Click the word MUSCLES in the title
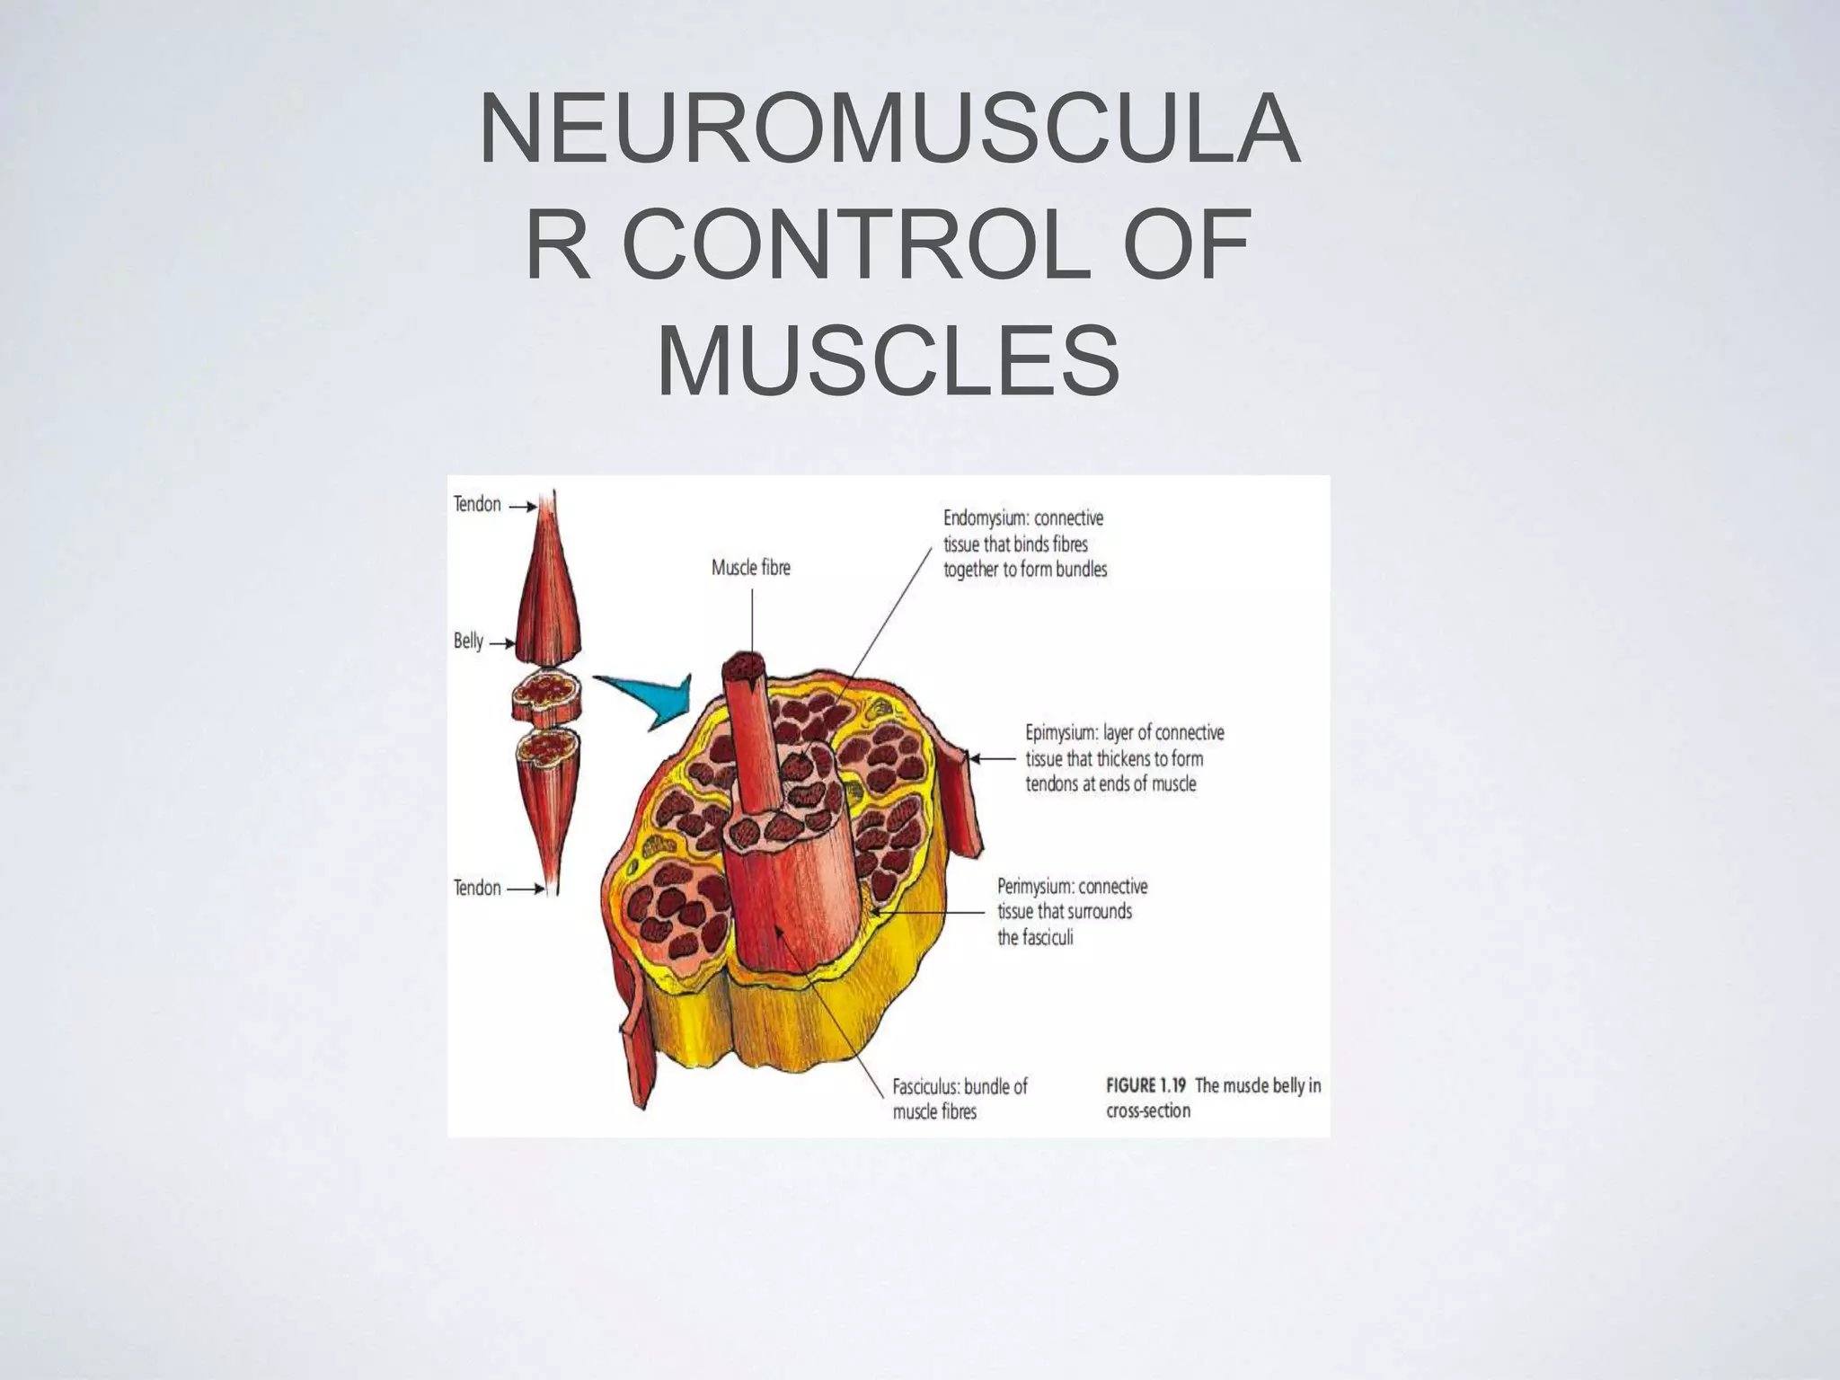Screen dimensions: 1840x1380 click(889, 362)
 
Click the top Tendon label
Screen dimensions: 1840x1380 click(477, 505)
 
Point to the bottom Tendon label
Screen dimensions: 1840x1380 click(477, 889)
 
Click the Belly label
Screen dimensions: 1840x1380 click(468, 641)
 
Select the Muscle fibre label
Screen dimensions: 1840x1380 click(750, 568)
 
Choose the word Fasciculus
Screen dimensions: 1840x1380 click(924, 1087)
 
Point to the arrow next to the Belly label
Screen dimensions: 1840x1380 click(500, 643)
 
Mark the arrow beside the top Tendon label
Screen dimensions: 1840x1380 click(523, 507)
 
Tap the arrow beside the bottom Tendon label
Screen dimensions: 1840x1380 click(526, 889)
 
